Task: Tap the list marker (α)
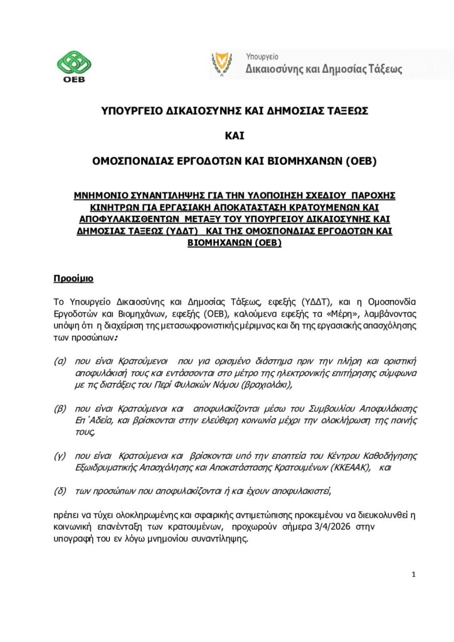click(x=61, y=362)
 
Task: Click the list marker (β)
click(x=61, y=408)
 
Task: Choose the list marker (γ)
click(x=60, y=454)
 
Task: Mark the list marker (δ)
click(x=61, y=490)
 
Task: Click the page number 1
click(x=414, y=574)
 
